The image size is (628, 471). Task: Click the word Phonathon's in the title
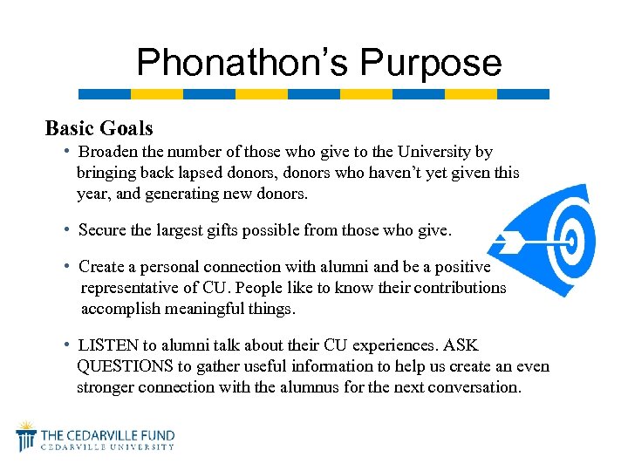click(x=242, y=63)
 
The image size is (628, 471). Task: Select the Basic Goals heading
click(x=99, y=128)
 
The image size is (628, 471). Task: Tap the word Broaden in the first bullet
click(x=109, y=153)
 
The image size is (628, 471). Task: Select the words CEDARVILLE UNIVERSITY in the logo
click(x=109, y=447)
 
